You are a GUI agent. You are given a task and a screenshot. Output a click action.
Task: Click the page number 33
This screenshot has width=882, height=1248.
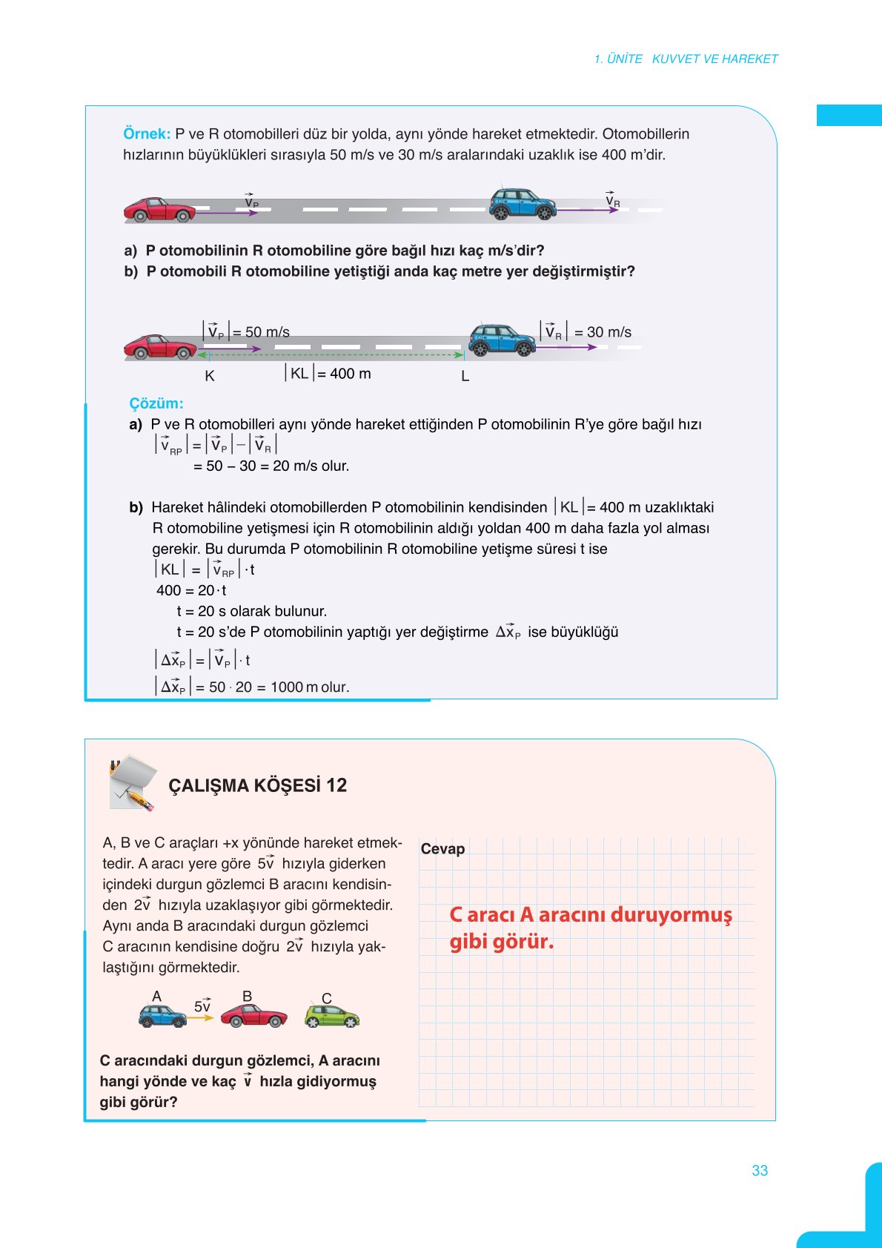click(760, 1170)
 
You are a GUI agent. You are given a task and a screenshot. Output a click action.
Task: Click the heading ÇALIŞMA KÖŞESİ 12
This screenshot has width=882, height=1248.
click(257, 785)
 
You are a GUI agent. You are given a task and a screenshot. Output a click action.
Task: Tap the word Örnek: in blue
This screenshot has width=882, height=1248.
click(147, 134)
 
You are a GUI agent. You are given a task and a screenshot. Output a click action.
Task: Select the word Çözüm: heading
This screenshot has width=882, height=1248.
click(156, 403)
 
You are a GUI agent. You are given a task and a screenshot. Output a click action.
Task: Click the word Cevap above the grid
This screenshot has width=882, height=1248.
click(442, 849)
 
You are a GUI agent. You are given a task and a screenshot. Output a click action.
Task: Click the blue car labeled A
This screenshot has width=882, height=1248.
click(162, 1016)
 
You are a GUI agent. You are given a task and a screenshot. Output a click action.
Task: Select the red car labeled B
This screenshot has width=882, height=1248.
click(253, 1016)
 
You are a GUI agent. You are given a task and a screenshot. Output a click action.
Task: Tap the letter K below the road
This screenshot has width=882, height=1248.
click(210, 376)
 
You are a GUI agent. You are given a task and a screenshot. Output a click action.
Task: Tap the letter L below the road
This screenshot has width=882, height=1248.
click(465, 376)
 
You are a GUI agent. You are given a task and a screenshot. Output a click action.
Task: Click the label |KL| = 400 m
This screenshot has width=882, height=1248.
click(328, 374)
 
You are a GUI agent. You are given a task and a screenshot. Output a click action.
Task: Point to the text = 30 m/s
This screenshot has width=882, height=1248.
click(603, 332)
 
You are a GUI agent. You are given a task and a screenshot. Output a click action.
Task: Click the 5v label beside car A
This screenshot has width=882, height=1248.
click(202, 1006)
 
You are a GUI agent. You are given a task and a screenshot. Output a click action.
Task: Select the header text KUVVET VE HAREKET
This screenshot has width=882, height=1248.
click(714, 59)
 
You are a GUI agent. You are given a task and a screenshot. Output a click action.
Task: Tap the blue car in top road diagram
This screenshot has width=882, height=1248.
click(523, 204)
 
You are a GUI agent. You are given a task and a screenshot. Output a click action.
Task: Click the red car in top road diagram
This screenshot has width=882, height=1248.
click(159, 210)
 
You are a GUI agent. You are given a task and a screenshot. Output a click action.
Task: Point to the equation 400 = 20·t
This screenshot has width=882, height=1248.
click(191, 591)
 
